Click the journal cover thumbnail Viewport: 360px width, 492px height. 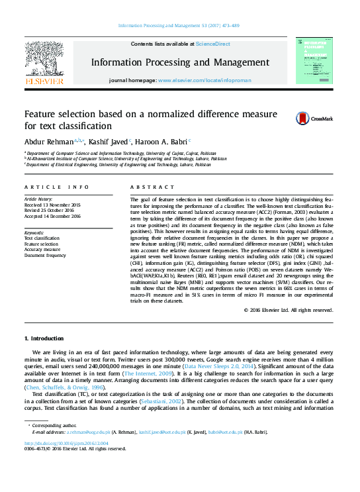(x=314, y=60)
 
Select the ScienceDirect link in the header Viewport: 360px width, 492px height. (x=212, y=44)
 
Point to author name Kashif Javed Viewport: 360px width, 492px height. (x=111, y=141)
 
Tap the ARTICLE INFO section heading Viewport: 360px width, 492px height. (x=56, y=187)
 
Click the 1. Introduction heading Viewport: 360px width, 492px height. (x=44, y=338)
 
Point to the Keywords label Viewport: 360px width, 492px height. (x=34, y=233)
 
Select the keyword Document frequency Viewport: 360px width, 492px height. (x=45, y=255)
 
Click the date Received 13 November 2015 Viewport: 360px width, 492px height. (x=53, y=205)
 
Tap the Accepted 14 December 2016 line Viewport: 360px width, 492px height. (x=52, y=216)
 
